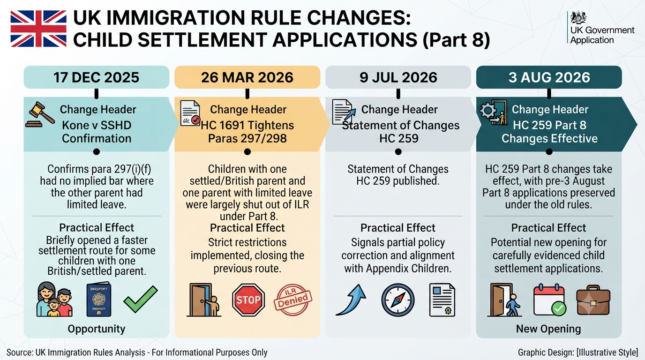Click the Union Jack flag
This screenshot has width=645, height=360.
38,29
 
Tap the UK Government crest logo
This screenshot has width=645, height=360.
578,17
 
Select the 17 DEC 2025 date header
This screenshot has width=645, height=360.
97,77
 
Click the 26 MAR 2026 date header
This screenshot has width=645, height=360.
247,77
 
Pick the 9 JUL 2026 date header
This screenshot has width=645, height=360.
398,77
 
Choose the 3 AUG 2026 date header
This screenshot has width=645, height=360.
549,77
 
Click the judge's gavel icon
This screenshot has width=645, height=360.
40,114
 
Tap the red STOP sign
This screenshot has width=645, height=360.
248,300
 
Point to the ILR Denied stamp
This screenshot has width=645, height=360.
293,300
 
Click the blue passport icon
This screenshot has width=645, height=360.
99,299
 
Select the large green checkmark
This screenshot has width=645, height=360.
141,299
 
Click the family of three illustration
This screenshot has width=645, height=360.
54,299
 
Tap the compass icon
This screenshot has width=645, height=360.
398,300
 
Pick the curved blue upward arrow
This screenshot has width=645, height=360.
352,300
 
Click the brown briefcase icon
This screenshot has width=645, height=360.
593,300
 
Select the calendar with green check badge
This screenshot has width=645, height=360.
549,300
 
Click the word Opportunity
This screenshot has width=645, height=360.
97,329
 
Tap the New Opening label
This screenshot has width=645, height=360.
548,329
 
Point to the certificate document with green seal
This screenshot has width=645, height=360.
442,300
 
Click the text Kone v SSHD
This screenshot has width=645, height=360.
97,125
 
